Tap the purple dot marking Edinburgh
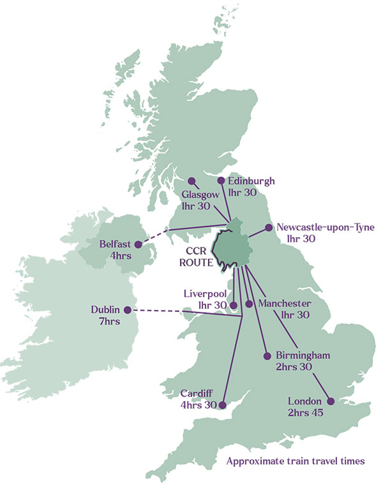click(221, 180)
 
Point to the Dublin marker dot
click(128, 310)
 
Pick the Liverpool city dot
click(234, 304)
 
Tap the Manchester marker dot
click(250, 304)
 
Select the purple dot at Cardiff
click(222, 404)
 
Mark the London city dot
click(331, 401)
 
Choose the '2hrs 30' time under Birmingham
click(294, 367)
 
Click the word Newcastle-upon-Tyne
click(326, 227)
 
